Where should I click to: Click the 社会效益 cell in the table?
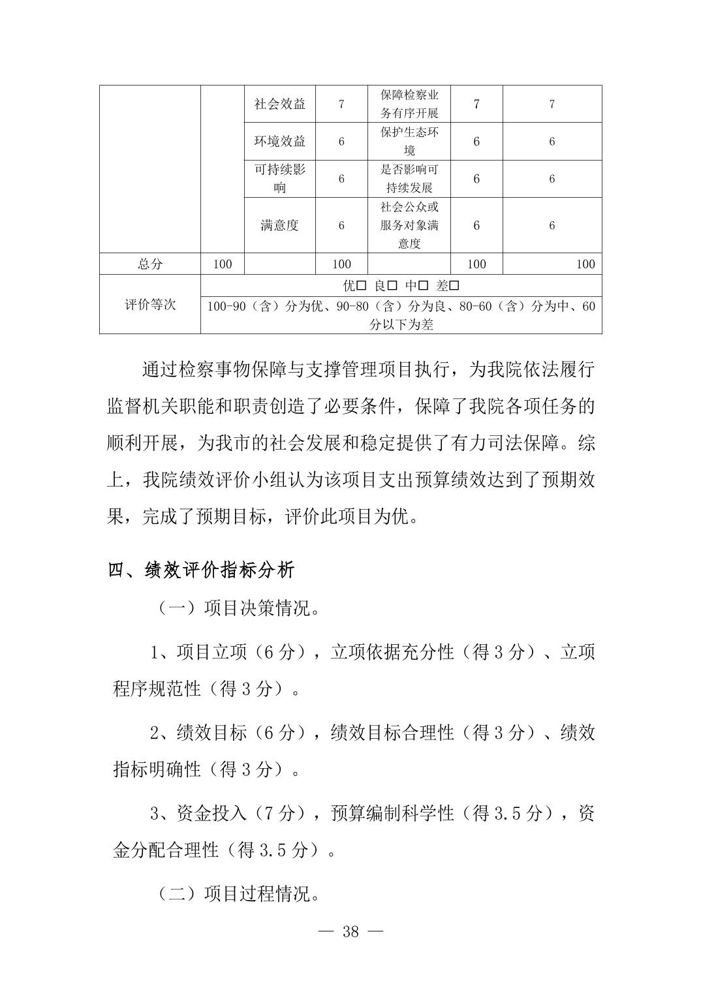click(279, 104)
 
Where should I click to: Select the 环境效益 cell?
click(279, 141)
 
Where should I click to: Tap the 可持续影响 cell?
click(279, 178)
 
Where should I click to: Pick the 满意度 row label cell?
click(279, 225)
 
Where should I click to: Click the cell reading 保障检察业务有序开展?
click(409, 104)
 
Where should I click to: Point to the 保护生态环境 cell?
click(409, 141)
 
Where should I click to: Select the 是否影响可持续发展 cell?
click(409, 178)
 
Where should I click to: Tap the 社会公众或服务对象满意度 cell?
click(409, 225)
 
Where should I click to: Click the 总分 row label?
click(150, 264)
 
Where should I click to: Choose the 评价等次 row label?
click(150, 305)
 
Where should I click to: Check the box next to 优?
click(361, 286)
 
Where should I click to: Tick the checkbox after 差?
click(454, 286)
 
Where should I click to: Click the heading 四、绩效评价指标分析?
click(201, 570)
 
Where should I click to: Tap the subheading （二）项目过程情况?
click(238, 893)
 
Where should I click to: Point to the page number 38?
click(350, 931)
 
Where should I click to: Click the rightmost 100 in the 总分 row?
click(585, 264)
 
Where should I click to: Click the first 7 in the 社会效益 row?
click(341, 104)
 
